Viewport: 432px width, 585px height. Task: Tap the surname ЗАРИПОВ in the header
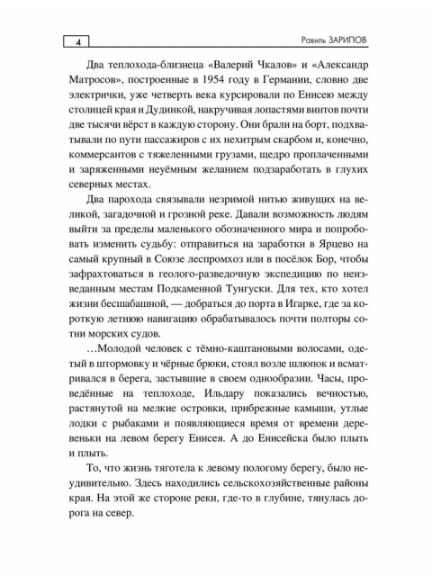(357, 42)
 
